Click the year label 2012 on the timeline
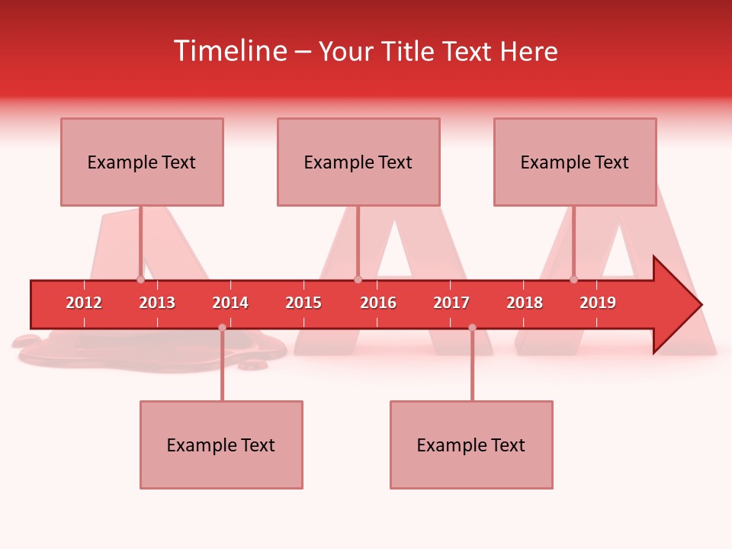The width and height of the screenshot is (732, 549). (84, 303)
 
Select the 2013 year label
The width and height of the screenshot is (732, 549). (157, 303)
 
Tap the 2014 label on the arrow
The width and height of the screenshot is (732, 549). (230, 303)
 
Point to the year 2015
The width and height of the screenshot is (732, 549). (303, 303)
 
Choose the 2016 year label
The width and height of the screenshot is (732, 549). (378, 303)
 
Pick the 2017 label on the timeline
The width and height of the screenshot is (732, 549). (451, 303)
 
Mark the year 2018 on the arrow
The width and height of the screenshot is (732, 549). (525, 303)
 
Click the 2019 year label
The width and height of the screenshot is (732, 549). (598, 303)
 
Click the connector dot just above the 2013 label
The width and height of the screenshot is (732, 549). (140, 279)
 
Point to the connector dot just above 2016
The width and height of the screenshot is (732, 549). (358, 279)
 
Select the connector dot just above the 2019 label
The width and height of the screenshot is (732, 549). (574, 279)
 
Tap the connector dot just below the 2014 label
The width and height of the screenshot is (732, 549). (222, 328)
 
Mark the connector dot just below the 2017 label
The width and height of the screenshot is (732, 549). (472, 328)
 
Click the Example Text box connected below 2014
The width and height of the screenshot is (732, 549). (221, 445)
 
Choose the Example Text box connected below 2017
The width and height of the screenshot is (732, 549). (471, 445)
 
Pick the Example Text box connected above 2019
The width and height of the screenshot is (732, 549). (575, 162)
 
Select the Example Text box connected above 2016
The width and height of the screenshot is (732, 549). (358, 162)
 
